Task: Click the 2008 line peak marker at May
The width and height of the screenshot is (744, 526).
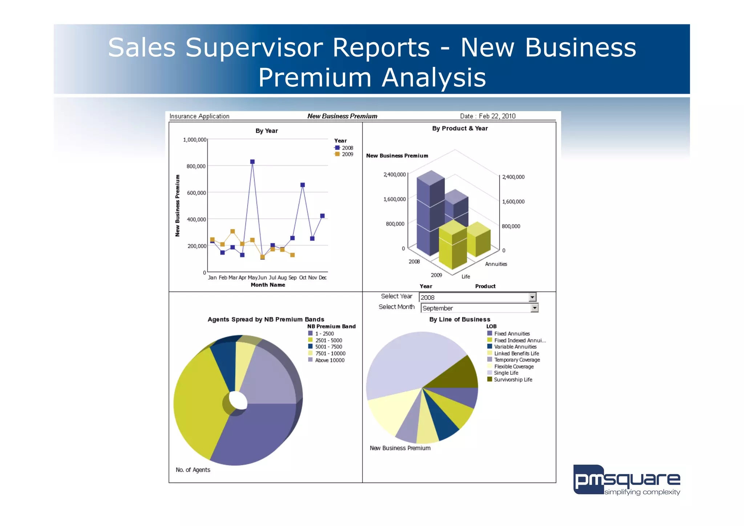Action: [252, 162]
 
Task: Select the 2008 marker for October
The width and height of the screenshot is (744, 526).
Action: [303, 185]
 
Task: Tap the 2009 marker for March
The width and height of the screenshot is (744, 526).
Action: [232, 231]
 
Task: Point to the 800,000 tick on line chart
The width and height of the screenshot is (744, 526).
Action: [196, 166]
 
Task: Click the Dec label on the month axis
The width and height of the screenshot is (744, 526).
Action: [323, 278]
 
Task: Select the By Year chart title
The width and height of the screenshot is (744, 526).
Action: [266, 131]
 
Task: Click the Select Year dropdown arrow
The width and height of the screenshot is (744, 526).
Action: [532, 297]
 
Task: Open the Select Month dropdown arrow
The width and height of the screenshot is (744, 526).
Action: [534, 308]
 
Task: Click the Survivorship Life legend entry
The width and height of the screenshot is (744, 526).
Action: [513, 380]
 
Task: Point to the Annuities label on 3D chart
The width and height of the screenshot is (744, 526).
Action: [496, 264]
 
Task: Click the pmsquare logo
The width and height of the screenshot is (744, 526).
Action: [627, 480]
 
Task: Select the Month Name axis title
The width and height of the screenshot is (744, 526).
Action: [268, 285]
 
